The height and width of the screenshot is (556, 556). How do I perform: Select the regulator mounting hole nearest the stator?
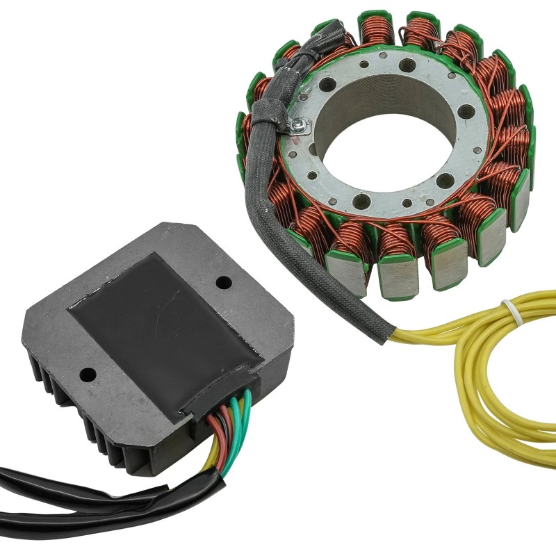[x=223, y=283]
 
